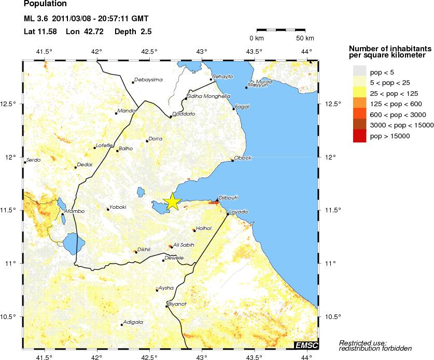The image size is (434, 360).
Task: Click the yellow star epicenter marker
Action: click(172, 203)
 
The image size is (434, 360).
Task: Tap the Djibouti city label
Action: click(228, 197)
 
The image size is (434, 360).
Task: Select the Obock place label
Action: click(243, 157)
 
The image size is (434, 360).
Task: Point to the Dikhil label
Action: click(144, 249)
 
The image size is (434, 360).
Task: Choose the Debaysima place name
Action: click(148, 80)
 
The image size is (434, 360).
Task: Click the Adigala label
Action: click(133, 322)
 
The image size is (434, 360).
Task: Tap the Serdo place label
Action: click(33, 160)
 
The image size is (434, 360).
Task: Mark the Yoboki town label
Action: click(118, 207)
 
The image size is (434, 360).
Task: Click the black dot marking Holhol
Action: click(194, 230)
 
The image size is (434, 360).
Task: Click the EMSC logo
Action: click(306, 345)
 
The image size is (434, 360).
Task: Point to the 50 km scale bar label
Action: click(305, 38)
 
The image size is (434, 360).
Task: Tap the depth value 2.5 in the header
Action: click(146, 32)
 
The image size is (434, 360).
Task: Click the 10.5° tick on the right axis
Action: click(332, 316)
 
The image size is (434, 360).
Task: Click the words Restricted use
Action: click(362, 343)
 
